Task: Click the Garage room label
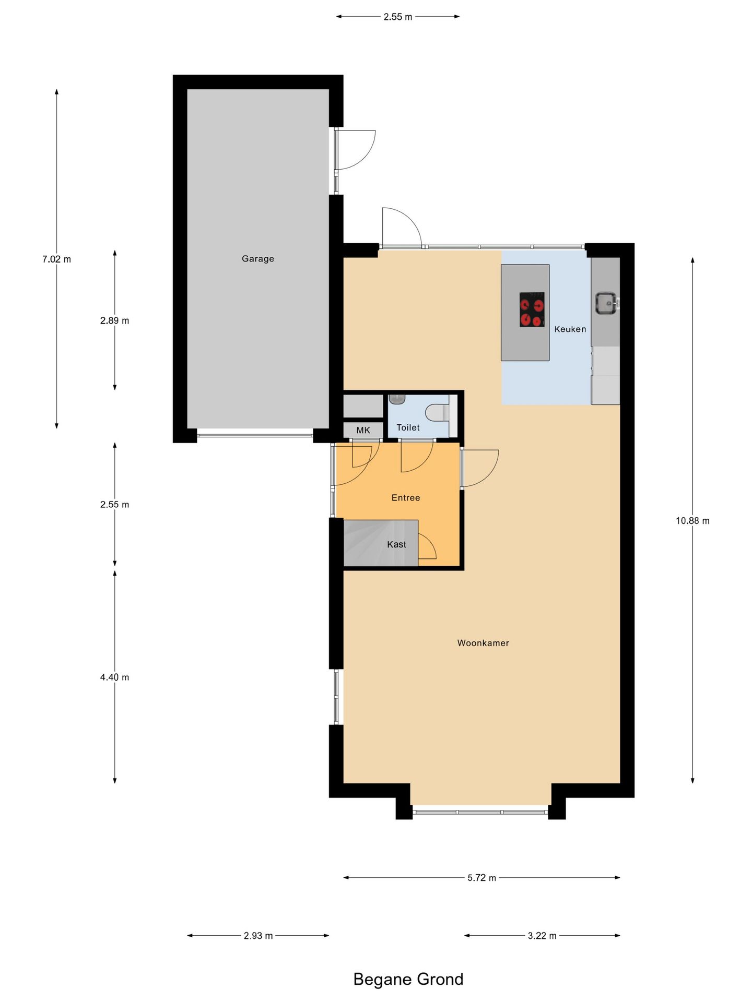257,258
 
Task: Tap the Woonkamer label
483,643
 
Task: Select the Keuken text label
570,329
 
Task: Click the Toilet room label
408,427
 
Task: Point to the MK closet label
363,430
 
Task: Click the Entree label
405,498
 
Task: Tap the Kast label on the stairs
396,544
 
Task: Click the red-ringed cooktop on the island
532,309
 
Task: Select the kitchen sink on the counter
606,303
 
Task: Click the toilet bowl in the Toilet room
437,413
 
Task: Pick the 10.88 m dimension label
692,520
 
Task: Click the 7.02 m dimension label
56,259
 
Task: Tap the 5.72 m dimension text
481,878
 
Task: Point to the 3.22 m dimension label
542,936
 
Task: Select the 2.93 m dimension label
258,936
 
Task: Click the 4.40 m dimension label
114,677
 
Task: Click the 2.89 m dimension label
114,320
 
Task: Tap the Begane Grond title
408,979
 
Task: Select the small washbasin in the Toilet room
397,399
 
